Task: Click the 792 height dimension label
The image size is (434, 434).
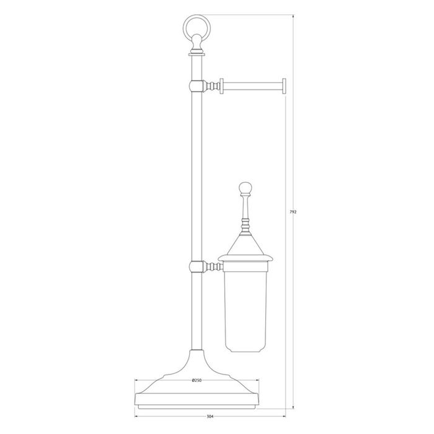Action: (x=293, y=212)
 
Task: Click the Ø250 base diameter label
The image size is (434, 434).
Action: (x=197, y=380)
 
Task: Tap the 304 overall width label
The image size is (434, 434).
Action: (x=210, y=416)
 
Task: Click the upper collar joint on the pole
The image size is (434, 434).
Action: (x=197, y=86)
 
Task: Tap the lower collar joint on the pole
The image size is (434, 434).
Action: (x=197, y=267)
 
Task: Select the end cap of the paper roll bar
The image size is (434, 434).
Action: (x=284, y=86)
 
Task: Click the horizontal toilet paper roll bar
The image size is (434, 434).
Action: (x=253, y=86)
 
